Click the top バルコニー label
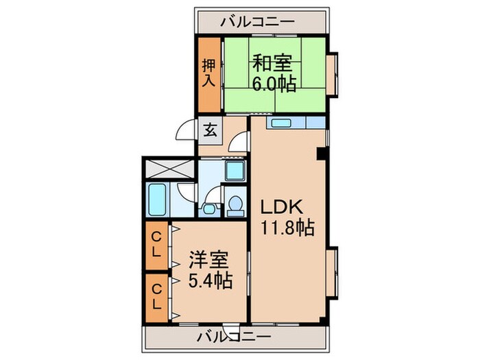click(x=258, y=22)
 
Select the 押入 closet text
click(x=209, y=74)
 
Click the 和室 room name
click(x=274, y=64)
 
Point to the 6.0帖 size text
click(x=274, y=84)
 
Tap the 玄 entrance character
click(x=210, y=130)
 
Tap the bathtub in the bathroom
click(x=157, y=199)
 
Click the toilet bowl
click(x=236, y=204)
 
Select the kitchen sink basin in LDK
click(x=280, y=123)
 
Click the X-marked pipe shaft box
click(x=169, y=168)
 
